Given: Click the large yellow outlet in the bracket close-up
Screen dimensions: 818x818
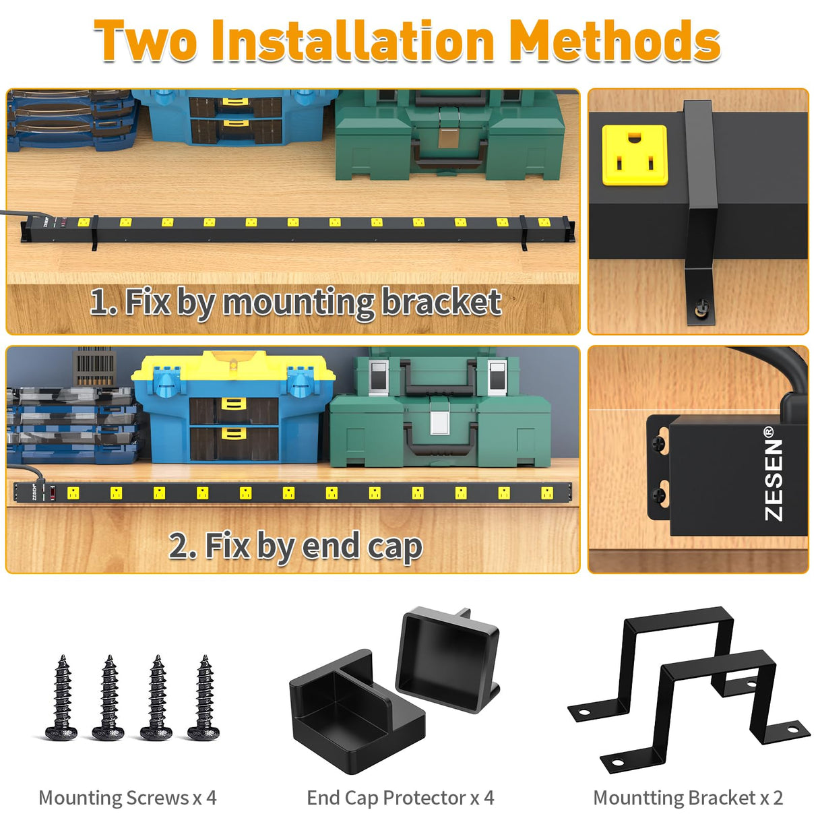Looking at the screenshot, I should (634, 155).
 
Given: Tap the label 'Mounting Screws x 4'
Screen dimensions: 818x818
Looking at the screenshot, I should (127, 798).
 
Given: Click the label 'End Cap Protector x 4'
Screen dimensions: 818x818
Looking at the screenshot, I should (400, 798).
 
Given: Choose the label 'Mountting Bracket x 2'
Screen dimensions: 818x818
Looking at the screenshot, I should (687, 798).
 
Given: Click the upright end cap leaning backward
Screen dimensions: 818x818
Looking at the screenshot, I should (448, 657).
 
